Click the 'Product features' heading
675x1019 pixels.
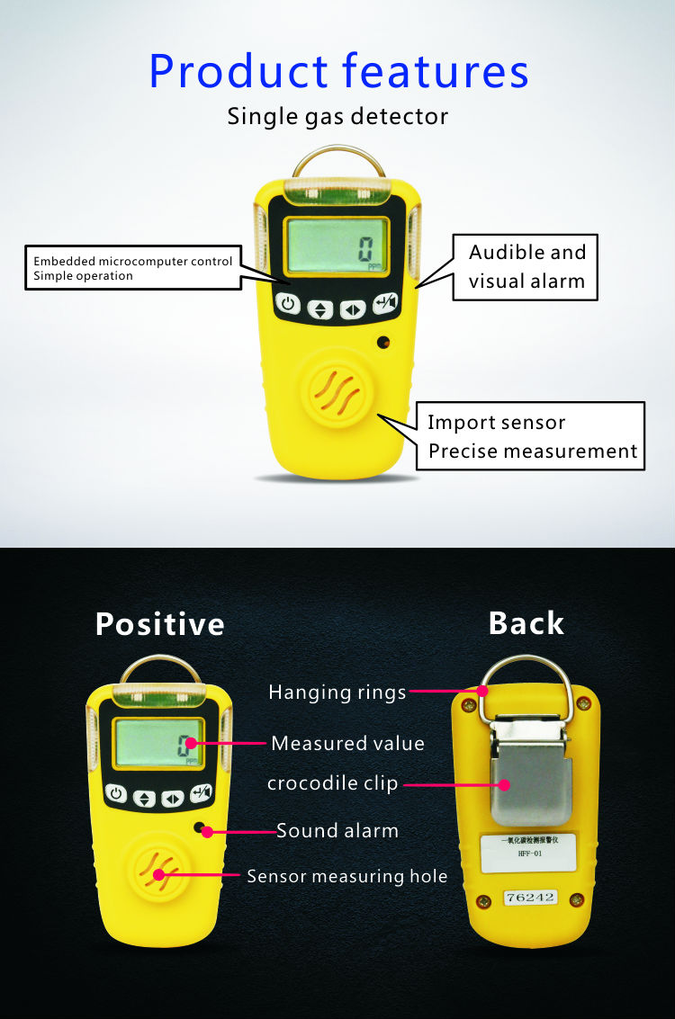tap(337, 71)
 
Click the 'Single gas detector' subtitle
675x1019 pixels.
tap(337, 117)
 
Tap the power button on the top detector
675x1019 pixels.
tap(288, 305)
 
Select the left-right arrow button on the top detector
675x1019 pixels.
tap(352, 309)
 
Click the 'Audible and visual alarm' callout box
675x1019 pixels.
tap(526, 266)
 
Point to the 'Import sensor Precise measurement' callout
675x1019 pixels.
tap(531, 436)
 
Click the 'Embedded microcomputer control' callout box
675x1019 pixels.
tap(132, 268)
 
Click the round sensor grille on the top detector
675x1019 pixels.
tap(337, 395)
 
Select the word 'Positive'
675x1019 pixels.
tap(160, 623)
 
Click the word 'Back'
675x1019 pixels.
tap(526, 623)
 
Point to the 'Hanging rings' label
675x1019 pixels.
tap(337, 693)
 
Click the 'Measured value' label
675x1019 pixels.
tap(347, 744)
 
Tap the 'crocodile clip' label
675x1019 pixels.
tap(332, 783)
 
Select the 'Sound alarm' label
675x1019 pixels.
tap(337, 831)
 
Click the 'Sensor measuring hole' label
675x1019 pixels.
tap(346, 876)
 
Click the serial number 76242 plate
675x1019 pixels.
tap(531, 897)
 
